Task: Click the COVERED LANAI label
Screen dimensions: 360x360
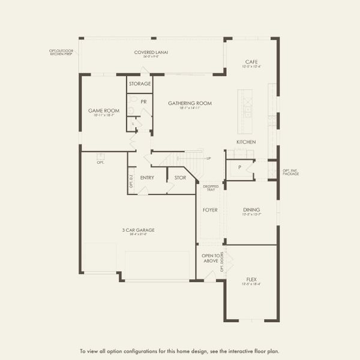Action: click(x=151, y=52)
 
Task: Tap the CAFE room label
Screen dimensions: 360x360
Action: click(x=251, y=61)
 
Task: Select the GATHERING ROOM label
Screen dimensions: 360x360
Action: click(x=190, y=103)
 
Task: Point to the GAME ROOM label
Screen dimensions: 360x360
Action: click(x=103, y=111)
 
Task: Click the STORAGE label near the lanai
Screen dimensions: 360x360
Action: click(x=140, y=83)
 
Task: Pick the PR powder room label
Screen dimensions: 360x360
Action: click(x=143, y=101)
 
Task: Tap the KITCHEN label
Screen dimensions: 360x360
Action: click(x=246, y=142)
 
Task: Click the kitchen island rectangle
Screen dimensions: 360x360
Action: click(x=244, y=112)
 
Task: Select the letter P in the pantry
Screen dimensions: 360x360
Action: click(x=239, y=167)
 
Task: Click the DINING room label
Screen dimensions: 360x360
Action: click(x=251, y=210)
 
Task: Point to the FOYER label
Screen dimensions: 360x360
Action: click(x=210, y=210)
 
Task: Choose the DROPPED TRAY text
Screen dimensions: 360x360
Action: click(x=210, y=188)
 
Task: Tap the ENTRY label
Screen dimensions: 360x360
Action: click(x=147, y=178)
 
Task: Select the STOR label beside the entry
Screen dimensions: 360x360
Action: click(x=180, y=178)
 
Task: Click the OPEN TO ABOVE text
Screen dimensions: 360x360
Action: click(x=211, y=259)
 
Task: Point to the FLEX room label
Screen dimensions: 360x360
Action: click(x=251, y=280)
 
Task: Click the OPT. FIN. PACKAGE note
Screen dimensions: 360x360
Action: click(x=290, y=172)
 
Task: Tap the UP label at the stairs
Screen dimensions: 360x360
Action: click(x=208, y=158)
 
